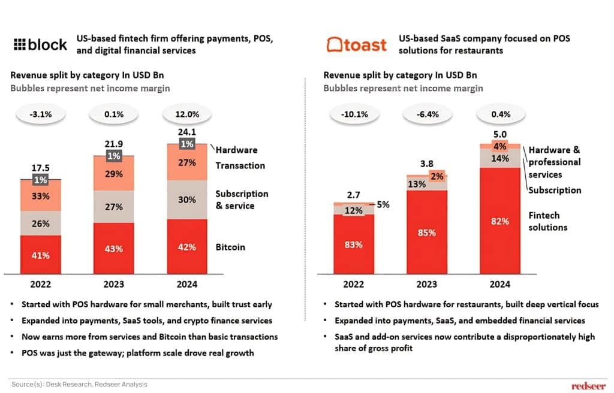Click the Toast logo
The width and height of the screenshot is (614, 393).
356,44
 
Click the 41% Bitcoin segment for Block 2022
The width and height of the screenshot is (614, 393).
41,255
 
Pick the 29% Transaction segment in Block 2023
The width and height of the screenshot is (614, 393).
113,174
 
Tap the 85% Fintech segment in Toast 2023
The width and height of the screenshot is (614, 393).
427,231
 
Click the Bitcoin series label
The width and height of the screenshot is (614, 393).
230,247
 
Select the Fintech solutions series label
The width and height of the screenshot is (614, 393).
548,221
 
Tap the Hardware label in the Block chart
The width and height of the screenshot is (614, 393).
236,150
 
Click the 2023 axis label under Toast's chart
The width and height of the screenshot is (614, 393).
427,285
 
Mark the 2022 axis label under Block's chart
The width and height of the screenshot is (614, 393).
41,285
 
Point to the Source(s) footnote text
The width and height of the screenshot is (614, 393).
79,384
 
